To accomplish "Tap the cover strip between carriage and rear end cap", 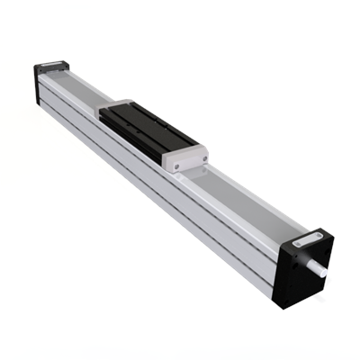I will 81,85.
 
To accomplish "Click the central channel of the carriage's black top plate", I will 148,125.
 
